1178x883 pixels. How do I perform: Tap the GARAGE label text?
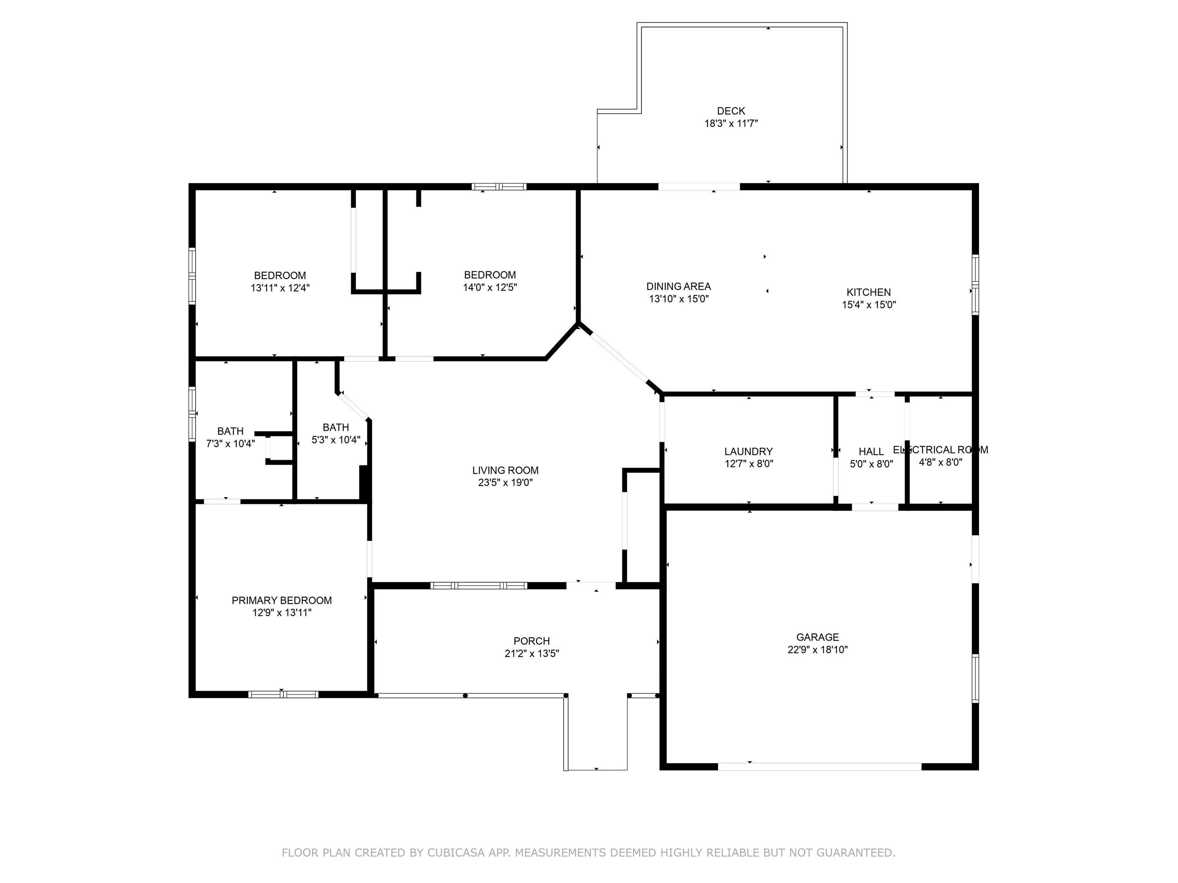818,637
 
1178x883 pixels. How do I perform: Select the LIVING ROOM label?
505,471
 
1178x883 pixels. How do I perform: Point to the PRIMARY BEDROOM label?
282,601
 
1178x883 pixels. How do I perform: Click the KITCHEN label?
869,292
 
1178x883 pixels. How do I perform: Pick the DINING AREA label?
678,286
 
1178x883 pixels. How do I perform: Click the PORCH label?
531,641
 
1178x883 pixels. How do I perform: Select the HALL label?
871,452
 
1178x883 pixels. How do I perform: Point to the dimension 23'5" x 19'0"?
505,483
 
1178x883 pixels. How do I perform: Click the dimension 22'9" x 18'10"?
818,649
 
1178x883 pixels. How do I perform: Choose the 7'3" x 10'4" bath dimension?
230,443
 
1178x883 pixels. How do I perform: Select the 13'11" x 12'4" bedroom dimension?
280,288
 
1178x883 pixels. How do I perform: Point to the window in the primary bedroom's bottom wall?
283,694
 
